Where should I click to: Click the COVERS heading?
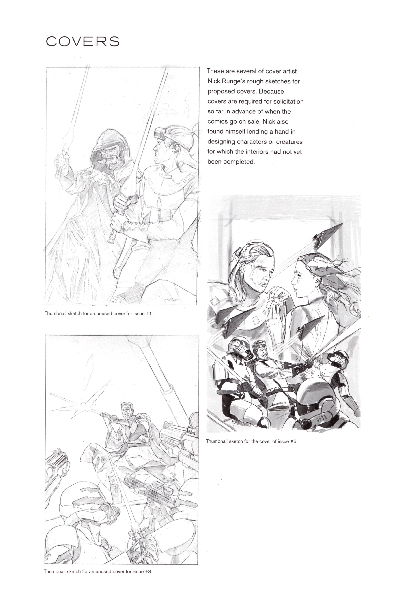[x=82, y=41]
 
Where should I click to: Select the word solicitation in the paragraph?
[x=288, y=101]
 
